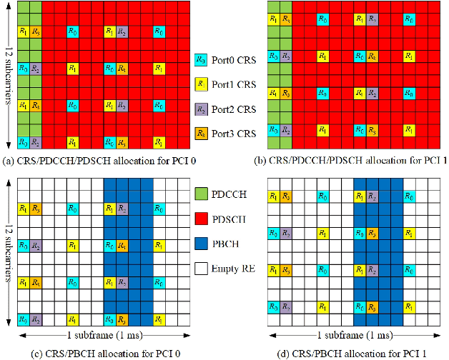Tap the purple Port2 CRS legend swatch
(202, 109)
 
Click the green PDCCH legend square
(202, 195)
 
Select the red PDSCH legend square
(202, 218)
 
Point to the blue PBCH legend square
(202, 243)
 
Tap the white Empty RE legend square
(202, 269)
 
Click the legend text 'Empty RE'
(236, 269)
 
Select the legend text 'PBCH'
(230, 244)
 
